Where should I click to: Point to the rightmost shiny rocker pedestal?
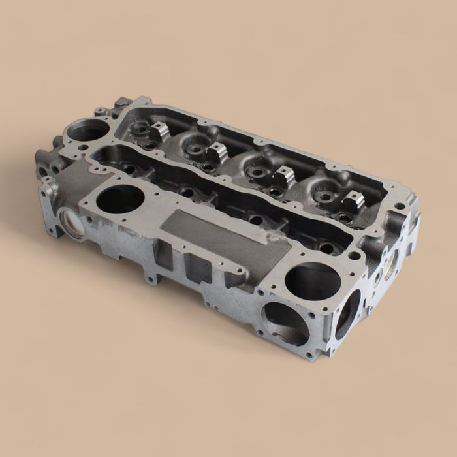tap(353, 199)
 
